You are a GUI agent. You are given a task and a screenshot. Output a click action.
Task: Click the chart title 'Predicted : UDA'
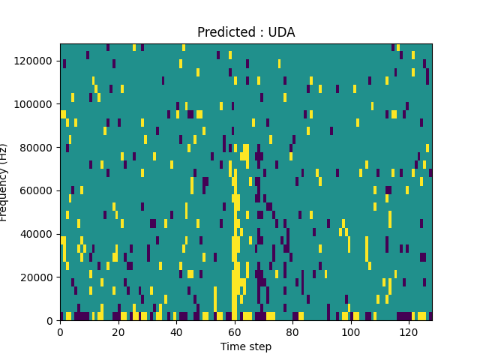(246, 32)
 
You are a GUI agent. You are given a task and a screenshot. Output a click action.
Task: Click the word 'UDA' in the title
(282, 32)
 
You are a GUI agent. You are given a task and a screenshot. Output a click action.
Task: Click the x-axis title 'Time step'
(246, 346)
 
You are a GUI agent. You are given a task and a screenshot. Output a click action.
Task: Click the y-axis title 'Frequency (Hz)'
(4, 182)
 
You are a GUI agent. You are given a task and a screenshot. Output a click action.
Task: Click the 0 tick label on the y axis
(51, 321)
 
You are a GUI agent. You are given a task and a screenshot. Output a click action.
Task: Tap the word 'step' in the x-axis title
(259, 346)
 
